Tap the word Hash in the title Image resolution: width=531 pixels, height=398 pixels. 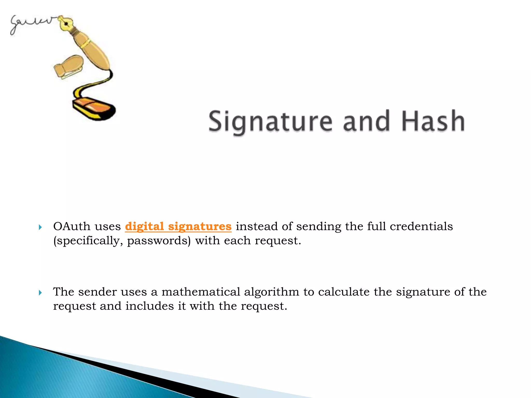433,121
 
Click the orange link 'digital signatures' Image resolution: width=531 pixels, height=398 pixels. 178,226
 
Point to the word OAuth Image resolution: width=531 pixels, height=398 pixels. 72,226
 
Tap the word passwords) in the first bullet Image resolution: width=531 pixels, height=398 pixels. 159,241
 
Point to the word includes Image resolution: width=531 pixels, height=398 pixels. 150,306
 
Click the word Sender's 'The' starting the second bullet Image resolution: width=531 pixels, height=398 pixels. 64,292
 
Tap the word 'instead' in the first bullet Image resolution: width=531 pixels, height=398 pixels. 257,226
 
